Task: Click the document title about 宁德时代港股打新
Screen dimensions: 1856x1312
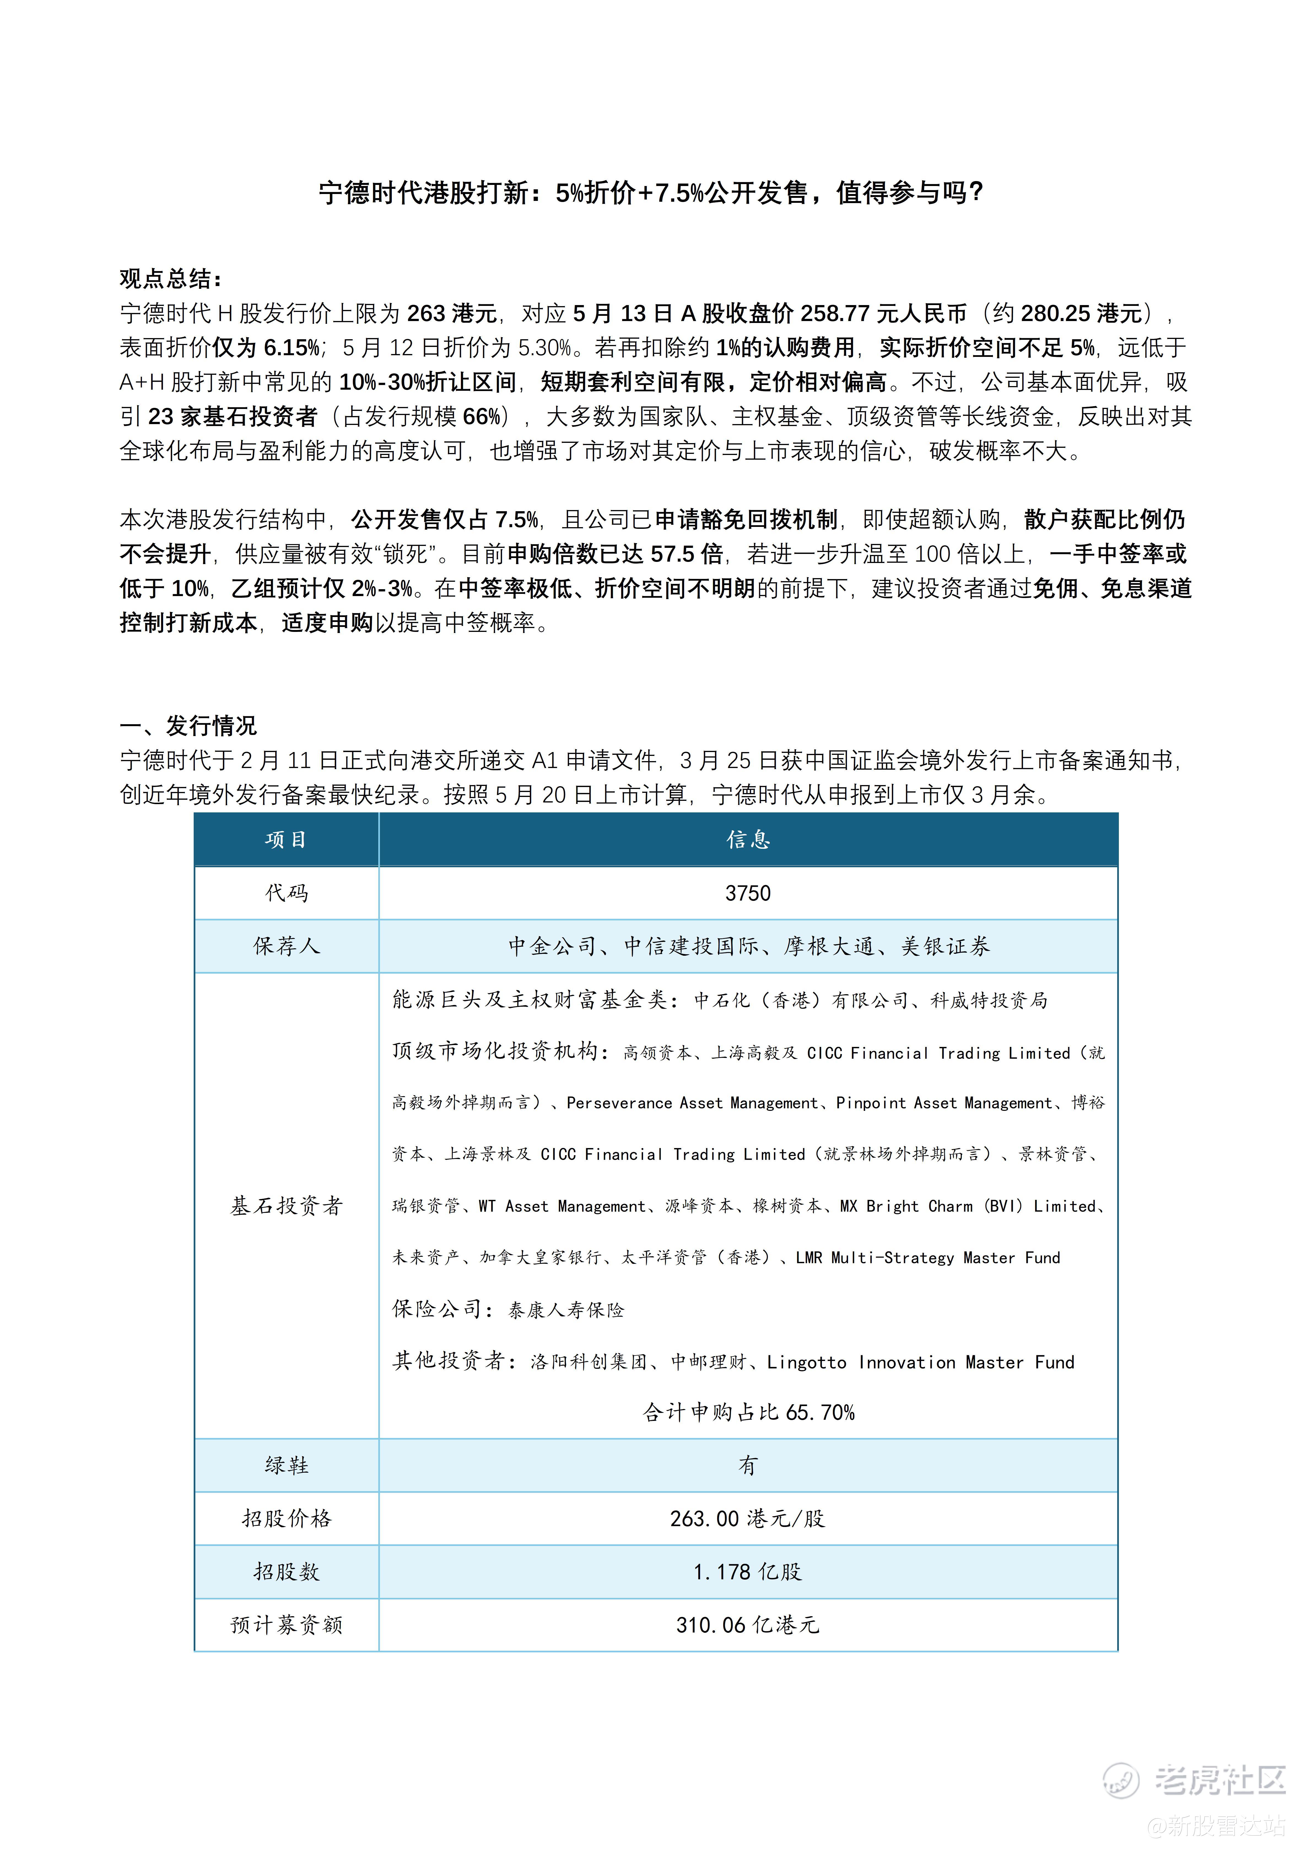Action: [x=651, y=192]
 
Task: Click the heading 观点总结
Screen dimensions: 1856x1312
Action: [x=171, y=279]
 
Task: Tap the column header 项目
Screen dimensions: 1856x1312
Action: [x=286, y=840]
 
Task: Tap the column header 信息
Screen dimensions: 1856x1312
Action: [x=748, y=840]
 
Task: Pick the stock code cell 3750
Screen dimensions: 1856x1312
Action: [x=748, y=893]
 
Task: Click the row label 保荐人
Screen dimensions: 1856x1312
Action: [x=286, y=946]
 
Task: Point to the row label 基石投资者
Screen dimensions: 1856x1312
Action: [x=286, y=1206]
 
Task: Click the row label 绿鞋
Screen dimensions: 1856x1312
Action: [x=286, y=1465]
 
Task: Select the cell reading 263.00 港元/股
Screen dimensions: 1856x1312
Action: [x=748, y=1518]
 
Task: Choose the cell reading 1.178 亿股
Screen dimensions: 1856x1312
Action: [x=748, y=1571]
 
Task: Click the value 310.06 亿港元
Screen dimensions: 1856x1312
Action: [x=748, y=1625]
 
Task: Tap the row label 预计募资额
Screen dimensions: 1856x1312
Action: [x=286, y=1625]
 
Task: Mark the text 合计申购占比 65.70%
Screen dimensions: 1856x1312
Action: [x=748, y=1412]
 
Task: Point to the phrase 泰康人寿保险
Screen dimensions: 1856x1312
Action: [x=566, y=1310]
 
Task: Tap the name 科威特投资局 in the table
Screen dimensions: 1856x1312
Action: [x=989, y=1001]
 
